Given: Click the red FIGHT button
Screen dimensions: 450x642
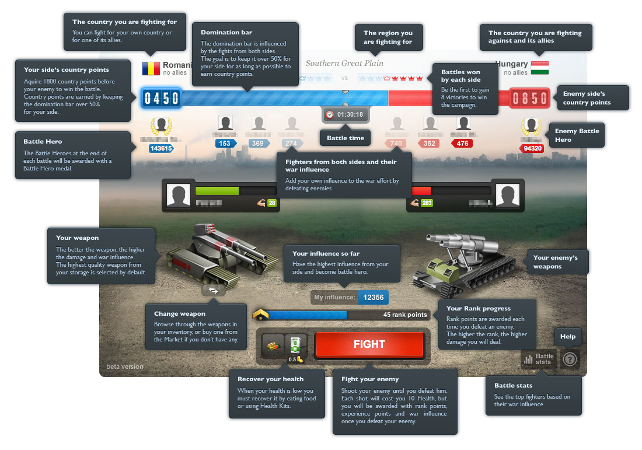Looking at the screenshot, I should (369, 344).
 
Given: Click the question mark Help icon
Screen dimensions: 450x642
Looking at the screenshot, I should (570, 360).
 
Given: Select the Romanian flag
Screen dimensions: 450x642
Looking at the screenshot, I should (151, 68).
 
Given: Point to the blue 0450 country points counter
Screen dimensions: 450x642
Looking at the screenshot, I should (162, 98).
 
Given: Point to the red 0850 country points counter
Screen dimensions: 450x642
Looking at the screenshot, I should (530, 98).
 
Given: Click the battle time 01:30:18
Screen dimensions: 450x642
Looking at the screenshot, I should (346, 114).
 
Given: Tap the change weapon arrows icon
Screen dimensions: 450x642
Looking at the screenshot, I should (213, 290).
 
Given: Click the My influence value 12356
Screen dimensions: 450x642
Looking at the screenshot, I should (373, 297).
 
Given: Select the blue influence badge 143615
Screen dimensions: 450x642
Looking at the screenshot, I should (161, 148).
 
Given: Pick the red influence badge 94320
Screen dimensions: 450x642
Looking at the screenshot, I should (532, 148).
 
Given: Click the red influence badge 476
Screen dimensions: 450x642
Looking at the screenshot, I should (462, 143).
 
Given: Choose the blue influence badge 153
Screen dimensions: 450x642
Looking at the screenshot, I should (225, 143).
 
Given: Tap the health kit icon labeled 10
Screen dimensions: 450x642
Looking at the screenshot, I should (295, 344).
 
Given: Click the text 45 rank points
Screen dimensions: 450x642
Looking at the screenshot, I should (405, 315).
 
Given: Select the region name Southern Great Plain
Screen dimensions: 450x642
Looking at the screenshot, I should (344, 63).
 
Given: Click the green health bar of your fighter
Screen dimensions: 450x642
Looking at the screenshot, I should (217, 190).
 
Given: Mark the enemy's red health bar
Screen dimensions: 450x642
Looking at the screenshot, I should (421, 190).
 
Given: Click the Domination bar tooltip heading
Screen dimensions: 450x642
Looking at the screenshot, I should (226, 32).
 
